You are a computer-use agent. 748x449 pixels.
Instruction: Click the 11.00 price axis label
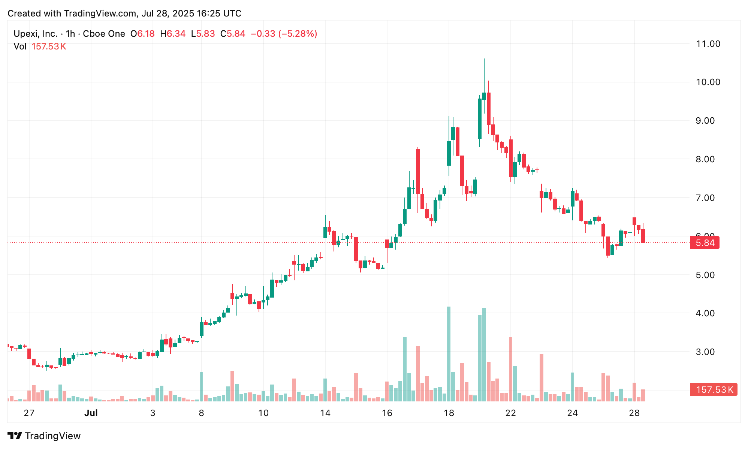pos(708,44)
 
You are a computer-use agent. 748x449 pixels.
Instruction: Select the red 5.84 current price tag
pos(705,243)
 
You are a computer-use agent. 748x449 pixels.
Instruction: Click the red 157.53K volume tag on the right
pos(714,390)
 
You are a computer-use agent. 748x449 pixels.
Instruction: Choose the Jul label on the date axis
pos(91,413)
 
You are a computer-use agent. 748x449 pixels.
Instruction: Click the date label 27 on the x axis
pos(29,413)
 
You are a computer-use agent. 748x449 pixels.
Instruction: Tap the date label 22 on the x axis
pos(510,413)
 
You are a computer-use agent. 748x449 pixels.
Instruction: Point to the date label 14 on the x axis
pos(325,413)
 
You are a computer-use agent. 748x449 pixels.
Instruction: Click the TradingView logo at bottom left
pos(44,436)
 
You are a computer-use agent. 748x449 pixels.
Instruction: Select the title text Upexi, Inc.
pos(35,34)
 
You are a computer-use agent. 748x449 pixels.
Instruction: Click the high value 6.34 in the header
pos(176,34)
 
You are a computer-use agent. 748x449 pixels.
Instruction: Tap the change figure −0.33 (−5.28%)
pos(284,34)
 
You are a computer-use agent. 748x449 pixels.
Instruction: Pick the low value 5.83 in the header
pos(205,34)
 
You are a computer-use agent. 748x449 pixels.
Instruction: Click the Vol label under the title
pos(20,46)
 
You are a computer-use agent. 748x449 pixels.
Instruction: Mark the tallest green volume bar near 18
pos(449,354)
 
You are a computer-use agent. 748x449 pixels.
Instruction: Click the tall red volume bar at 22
pos(510,369)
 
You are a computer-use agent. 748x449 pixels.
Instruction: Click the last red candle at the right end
pos(643,236)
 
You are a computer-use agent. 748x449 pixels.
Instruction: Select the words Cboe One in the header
pos(104,34)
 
